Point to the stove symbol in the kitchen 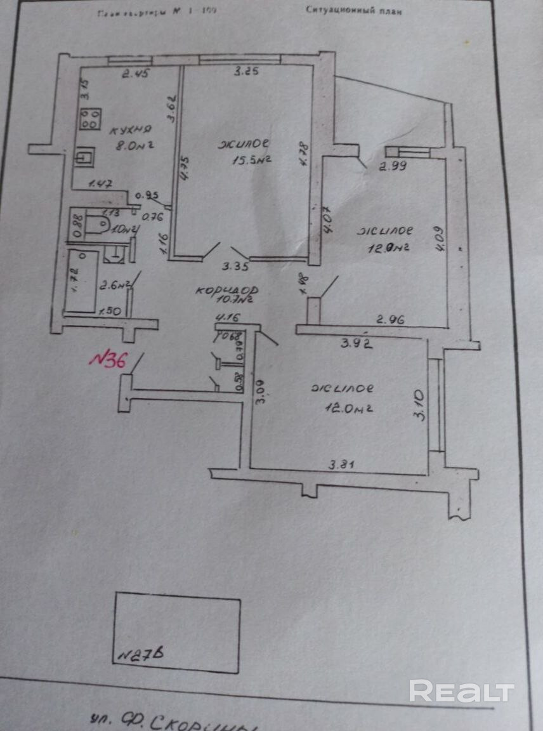coord(90,119)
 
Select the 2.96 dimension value coord(391,320)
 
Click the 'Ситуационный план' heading coord(353,10)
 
